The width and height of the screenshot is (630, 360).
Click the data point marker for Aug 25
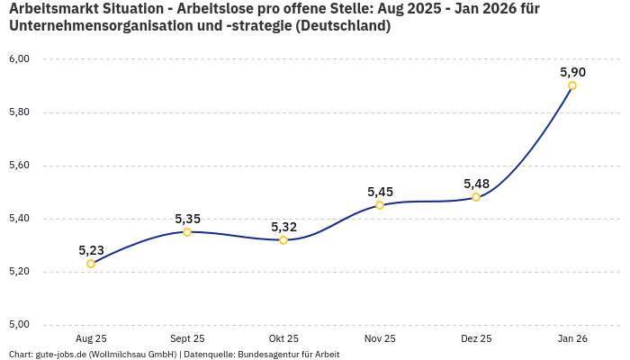pos(91,264)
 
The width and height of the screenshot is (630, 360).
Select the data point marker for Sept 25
pos(187,232)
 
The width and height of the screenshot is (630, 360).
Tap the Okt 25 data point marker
pos(283,240)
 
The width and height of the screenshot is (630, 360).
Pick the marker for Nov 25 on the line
pos(380,205)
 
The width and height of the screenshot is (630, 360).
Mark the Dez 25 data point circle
pos(476,197)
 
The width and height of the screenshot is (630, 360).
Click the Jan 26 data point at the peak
pos(572,85)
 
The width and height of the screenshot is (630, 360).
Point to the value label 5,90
pos(572,72)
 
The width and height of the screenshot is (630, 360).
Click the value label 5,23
pos(91,250)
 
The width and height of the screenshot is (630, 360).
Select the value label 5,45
pos(380,192)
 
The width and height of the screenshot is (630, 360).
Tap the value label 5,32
pos(283,227)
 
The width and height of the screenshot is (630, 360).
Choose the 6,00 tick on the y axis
pos(19,59)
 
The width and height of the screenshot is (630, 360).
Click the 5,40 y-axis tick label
pos(19,219)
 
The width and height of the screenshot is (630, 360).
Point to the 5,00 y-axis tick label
pos(19,325)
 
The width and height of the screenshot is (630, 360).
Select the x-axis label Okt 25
pos(283,338)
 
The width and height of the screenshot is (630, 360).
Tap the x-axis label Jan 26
pos(572,338)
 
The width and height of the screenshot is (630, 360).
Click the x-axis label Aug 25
pos(91,338)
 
